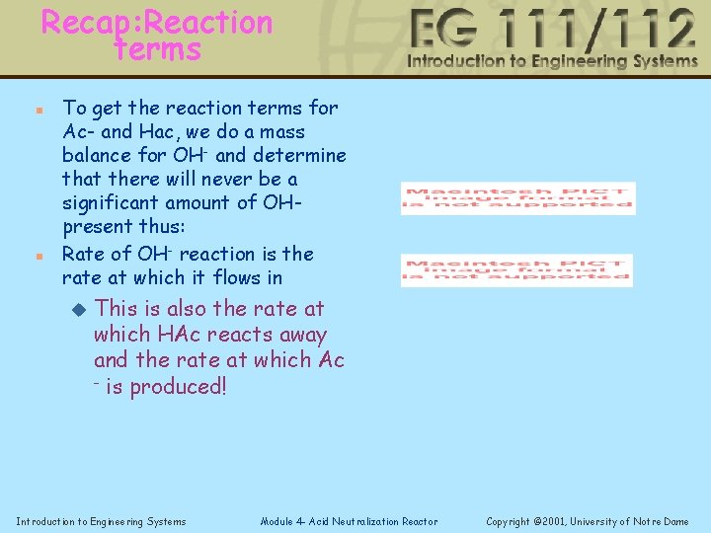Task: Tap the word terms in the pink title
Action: tap(158, 48)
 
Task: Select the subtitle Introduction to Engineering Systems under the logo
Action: tap(552, 61)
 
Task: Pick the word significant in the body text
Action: tap(112, 202)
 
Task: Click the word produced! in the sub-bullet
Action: tap(179, 386)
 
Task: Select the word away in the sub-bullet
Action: tap(303, 335)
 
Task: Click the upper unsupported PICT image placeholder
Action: tap(517, 197)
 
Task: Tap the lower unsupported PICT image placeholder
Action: tap(516, 270)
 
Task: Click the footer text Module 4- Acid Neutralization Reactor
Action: tap(349, 521)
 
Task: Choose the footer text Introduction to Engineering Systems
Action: tap(101, 521)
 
